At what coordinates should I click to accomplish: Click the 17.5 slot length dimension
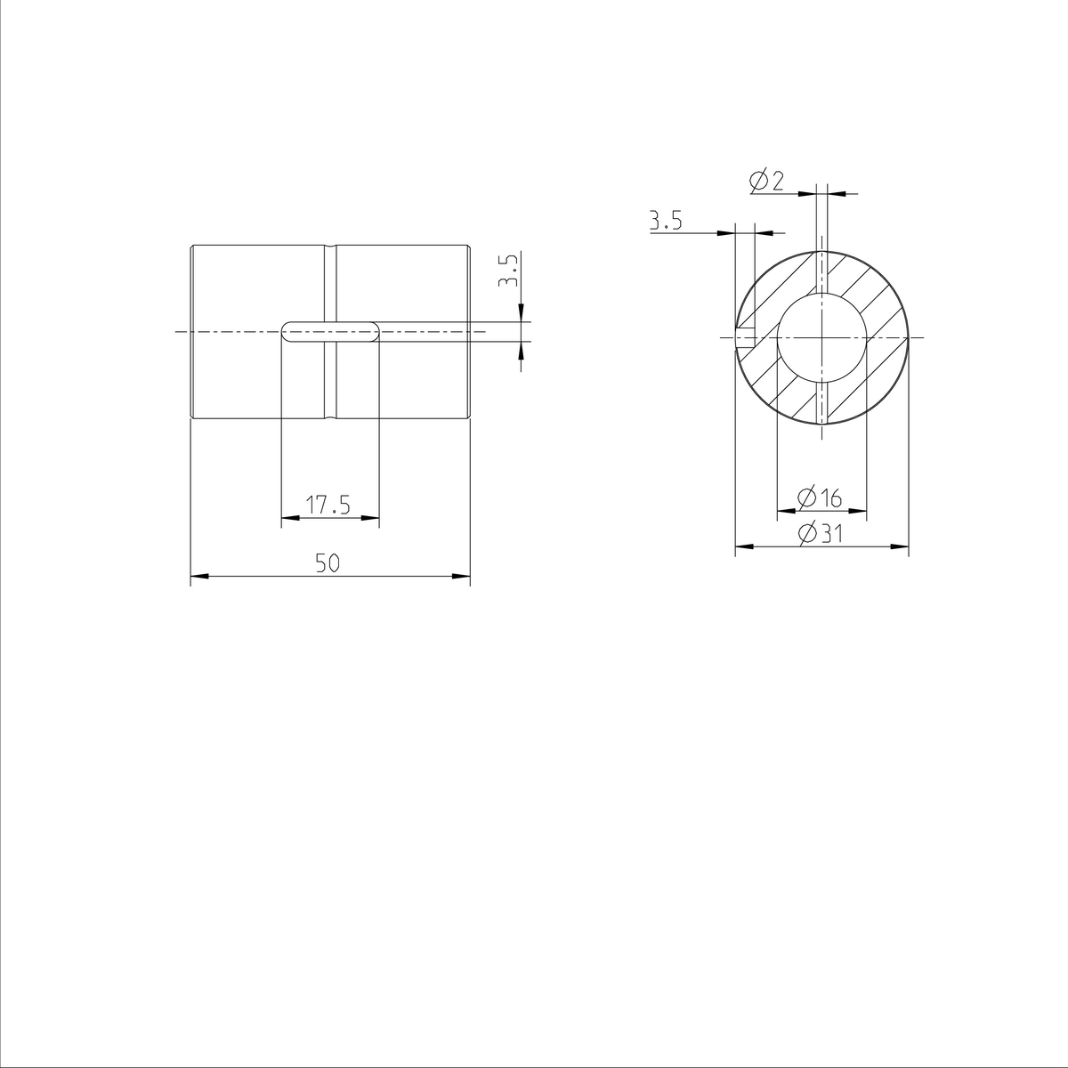point(328,506)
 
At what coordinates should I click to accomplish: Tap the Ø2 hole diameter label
point(767,182)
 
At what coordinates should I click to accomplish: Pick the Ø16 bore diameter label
point(821,498)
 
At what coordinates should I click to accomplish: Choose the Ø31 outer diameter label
point(821,534)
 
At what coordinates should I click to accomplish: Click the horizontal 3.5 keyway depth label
point(665,221)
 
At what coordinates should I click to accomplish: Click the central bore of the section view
point(821,338)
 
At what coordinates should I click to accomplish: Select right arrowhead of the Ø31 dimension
point(901,547)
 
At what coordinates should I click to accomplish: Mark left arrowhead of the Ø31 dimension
point(743,547)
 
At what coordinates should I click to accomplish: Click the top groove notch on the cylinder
point(330,247)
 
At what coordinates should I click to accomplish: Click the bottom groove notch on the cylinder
point(330,417)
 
